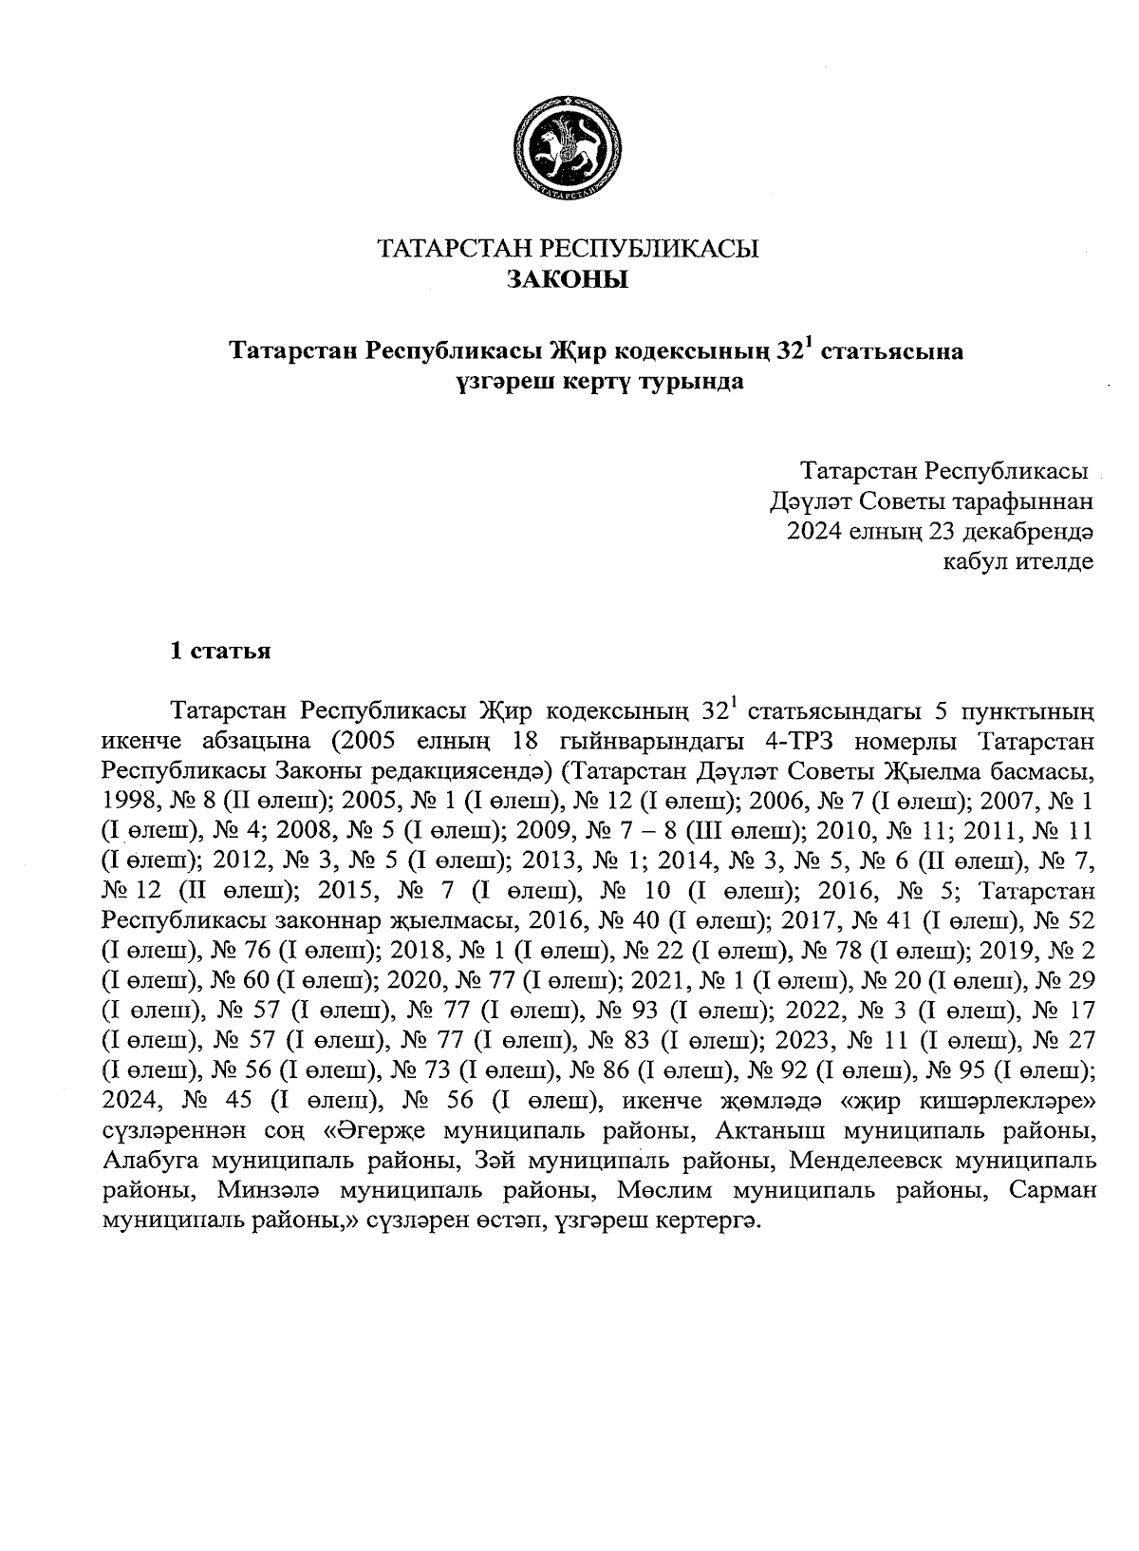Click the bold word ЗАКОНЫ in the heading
click(568, 279)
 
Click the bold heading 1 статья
click(220, 652)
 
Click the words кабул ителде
click(1017, 561)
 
